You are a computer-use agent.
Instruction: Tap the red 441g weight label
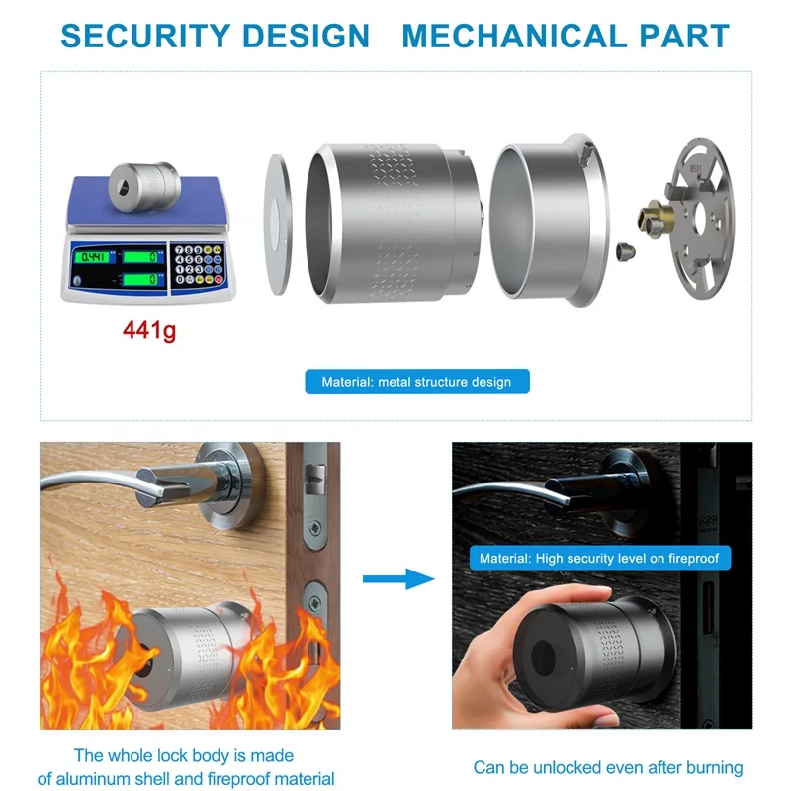[x=148, y=330]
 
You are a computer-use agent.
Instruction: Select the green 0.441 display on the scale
[x=94, y=257]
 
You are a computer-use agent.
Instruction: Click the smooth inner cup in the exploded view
[x=544, y=219]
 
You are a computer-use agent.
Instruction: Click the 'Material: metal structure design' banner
[x=416, y=381]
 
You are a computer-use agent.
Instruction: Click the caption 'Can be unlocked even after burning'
[x=608, y=767]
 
